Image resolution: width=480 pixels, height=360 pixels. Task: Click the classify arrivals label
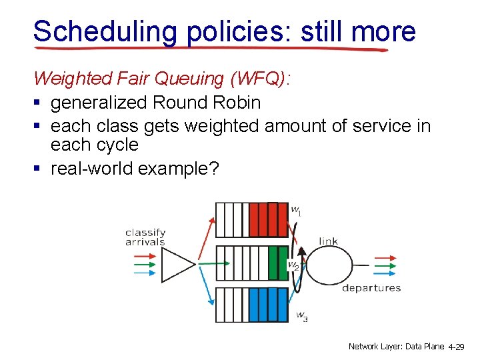pos(145,237)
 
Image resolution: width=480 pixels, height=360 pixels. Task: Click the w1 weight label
pos(296,210)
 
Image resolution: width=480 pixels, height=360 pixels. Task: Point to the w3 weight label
pos(301,315)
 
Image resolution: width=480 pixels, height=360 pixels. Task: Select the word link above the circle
pos(329,241)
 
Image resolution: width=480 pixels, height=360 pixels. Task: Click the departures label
pos(371,288)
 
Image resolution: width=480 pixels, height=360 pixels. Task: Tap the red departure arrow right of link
pos(385,257)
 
